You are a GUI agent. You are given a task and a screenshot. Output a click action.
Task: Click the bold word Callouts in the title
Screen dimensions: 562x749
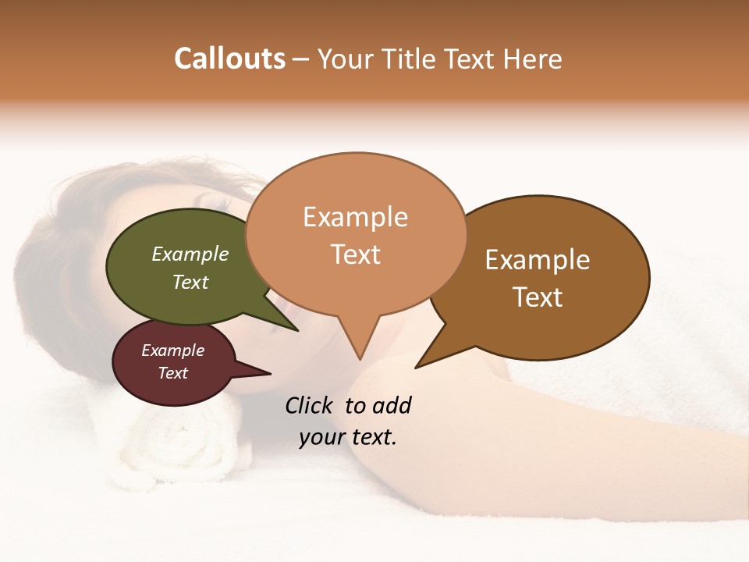point(229,59)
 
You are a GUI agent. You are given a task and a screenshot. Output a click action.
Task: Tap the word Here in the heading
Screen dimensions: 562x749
point(532,59)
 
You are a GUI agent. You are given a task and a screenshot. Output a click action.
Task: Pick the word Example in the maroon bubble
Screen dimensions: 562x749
point(172,350)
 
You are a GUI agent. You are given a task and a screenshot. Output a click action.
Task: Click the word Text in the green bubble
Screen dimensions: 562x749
point(190,282)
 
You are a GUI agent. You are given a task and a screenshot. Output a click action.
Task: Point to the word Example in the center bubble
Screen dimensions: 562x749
point(355,217)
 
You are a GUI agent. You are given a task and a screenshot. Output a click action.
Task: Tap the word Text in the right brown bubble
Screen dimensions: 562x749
point(538,297)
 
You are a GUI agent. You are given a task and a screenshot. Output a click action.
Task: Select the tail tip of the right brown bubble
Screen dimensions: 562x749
point(418,365)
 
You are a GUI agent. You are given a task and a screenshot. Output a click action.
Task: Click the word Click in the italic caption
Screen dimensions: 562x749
point(309,405)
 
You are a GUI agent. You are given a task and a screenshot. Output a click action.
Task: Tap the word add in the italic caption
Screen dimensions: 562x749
point(391,405)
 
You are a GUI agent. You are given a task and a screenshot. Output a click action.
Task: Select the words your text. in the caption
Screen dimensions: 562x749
point(347,437)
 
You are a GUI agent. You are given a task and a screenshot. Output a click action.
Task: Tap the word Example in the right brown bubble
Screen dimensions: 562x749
point(538,260)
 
